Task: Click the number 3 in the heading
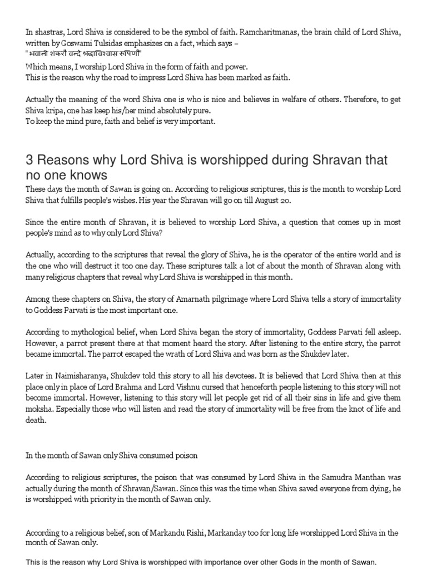29,161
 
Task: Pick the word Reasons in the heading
62,161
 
